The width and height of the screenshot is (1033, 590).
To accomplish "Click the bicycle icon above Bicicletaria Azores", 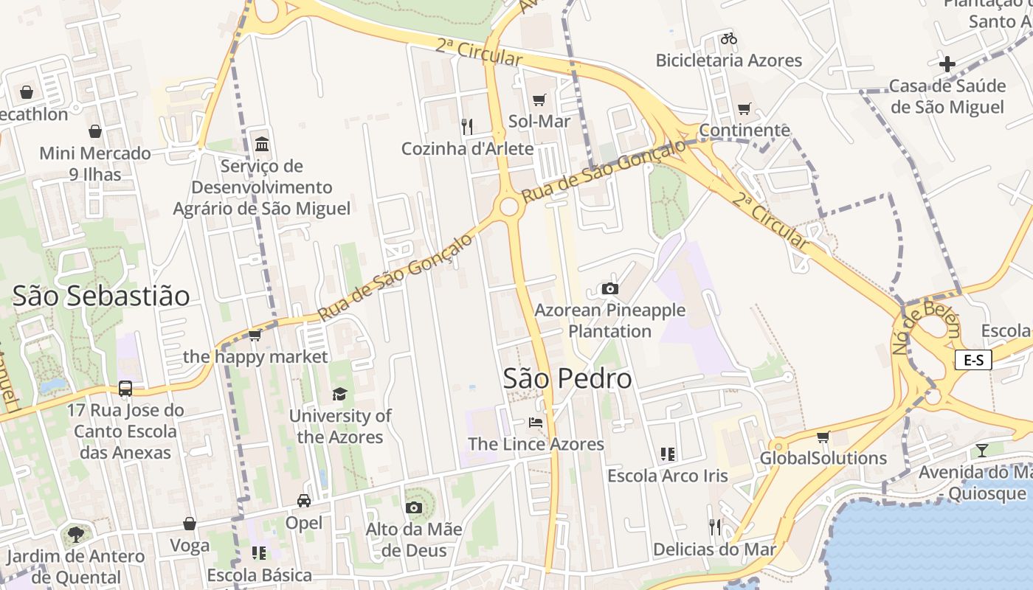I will pyautogui.click(x=729, y=38).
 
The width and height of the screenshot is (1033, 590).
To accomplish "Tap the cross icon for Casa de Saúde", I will pyautogui.click(x=947, y=64).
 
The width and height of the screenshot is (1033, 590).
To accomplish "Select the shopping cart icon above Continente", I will pyautogui.click(x=744, y=109).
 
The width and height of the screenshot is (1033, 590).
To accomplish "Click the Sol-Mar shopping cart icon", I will pyautogui.click(x=539, y=100).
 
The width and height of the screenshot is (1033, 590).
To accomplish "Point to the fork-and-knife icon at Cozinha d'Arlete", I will pyautogui.click(x=467, y=127).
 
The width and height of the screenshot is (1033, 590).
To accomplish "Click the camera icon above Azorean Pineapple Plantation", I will pyautogui.click(x=609, y=288).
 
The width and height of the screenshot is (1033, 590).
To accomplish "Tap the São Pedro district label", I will pyautogui.click(x=567, y=378).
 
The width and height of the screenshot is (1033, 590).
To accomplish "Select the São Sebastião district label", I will pyautogui.click(x=101, y=296).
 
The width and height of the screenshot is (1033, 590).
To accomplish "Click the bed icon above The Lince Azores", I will pyautogui.click(x=536, y=423).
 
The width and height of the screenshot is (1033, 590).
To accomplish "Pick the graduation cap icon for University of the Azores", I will pyautogui.click(x=339, y=395).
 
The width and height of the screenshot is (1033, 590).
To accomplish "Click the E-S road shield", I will pyautogui.click(x=973, y=360).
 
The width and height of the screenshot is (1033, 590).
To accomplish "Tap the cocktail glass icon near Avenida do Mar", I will pyautogui.click(x=981, y=450).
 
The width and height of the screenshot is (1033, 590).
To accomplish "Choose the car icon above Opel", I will pyautogui.click(x=304, y=501).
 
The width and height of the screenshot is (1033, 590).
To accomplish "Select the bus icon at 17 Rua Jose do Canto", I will pyautogui.click(x=125, y=388).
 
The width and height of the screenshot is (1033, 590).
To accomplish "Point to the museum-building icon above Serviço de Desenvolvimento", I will pyautogui.click(x=261, y=144).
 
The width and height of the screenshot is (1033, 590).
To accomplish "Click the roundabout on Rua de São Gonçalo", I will pyautogui.click(x=509, y=206).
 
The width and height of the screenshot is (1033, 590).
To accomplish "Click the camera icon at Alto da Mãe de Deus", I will pyautogui.click(x=413, y=507).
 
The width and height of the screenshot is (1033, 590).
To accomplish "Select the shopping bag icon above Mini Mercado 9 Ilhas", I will pyautogui.click(x=95, y=131).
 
